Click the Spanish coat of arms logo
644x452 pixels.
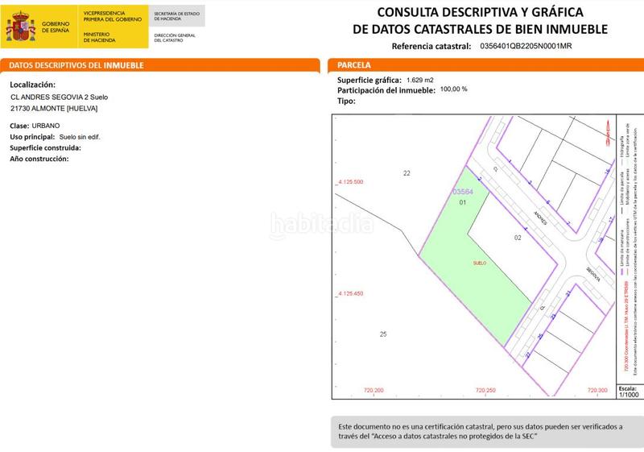(20, 27)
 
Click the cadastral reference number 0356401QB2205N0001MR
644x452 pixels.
(536, 47)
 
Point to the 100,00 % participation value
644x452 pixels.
(453, 89)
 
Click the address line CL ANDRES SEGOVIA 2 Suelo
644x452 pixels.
(59, 97)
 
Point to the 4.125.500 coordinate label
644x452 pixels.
(349, 183)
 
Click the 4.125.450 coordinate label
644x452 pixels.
(349, 294)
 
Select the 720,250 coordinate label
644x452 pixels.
(485, 391)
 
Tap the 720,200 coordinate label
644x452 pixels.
(374, 391)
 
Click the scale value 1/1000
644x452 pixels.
(628, 395)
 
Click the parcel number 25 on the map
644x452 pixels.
(383, 334)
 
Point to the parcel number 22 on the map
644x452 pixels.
(407, 173)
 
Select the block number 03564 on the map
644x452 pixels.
(461, 192)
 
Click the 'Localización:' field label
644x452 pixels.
(33, 84)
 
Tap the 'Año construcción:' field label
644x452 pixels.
(39, 159)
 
